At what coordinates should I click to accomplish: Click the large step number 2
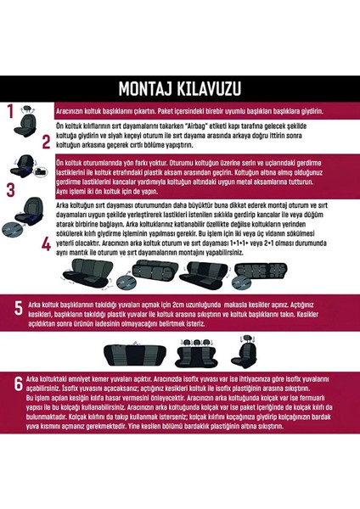(11, 143)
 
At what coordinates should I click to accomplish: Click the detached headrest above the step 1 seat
(32, 108)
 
